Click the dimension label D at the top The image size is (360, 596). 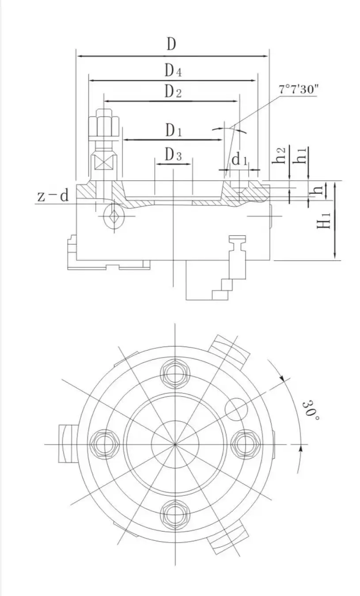[172, 44]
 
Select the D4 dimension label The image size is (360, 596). [174, 71]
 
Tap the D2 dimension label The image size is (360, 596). [173, 91]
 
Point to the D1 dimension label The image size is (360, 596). [174, 130]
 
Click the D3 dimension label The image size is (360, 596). [173, 155]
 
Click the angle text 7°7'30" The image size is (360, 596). [298, 89]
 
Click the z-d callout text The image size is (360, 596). [53, 196]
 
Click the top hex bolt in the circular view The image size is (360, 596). [175, 373]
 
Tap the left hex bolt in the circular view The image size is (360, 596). [104, 444]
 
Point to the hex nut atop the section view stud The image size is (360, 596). [105, 126]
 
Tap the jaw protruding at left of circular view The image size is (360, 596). [68, 443]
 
